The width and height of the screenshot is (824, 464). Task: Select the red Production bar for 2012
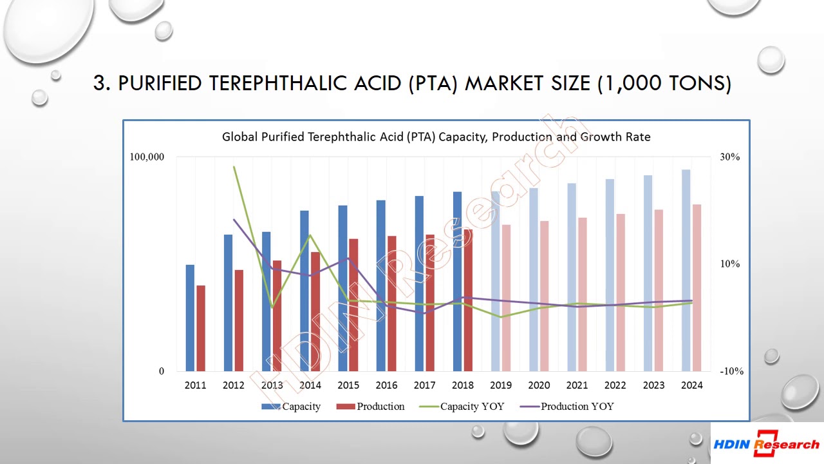[239, 320]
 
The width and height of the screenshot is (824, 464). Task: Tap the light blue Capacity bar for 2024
[686, 270]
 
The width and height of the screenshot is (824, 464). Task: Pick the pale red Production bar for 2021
[582, 294]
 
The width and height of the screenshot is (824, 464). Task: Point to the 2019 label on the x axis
[501, 385]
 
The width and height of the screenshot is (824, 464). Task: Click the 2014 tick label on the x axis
[310, 385]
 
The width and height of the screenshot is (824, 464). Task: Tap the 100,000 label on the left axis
[147, 157]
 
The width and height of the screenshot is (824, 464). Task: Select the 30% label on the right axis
[729, 157]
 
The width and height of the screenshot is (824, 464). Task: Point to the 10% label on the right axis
[729, 264]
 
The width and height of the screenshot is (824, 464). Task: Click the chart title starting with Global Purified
[436, 137]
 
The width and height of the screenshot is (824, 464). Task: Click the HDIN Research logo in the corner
[766, 443]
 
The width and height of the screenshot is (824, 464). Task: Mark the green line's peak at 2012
[234, 167]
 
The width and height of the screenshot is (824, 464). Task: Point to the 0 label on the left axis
[162, 371]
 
